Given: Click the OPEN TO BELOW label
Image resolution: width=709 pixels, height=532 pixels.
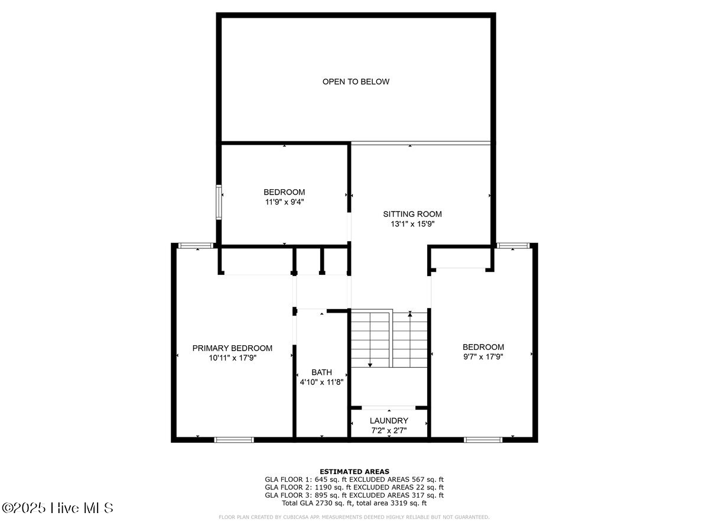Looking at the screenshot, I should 356,82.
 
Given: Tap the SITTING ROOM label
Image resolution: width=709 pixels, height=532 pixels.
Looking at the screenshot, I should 412,214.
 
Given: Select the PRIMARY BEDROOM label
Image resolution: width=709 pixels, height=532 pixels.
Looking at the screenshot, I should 232,348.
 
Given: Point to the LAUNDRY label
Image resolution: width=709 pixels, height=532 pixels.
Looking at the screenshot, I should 389,420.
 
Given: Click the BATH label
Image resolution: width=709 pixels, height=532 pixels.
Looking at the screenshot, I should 321,372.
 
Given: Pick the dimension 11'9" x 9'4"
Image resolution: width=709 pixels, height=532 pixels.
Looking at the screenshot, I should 284,202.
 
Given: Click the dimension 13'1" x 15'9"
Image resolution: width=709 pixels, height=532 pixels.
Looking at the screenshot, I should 412,224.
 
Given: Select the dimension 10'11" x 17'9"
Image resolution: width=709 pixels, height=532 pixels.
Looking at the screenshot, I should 232,358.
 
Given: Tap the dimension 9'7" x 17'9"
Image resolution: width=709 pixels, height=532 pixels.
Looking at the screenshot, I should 483,356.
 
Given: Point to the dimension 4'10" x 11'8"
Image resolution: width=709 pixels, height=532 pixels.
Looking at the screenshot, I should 321,382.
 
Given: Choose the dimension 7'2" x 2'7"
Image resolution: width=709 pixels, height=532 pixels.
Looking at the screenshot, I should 389,430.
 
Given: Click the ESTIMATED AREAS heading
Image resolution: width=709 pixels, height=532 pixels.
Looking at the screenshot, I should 354,471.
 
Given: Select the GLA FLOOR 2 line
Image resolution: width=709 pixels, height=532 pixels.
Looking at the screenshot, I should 354,487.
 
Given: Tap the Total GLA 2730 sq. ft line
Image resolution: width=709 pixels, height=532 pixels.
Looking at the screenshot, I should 354,503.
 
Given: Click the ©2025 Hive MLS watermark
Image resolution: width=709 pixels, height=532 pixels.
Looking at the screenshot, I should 57,508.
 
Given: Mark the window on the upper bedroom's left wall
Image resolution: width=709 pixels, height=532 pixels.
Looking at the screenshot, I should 219,202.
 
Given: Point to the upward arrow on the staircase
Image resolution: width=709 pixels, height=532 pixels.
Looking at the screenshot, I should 410,315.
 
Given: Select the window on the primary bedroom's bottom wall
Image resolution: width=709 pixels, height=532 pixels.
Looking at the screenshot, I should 234,439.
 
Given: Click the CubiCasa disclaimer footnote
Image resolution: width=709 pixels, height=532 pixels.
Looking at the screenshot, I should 354,517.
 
